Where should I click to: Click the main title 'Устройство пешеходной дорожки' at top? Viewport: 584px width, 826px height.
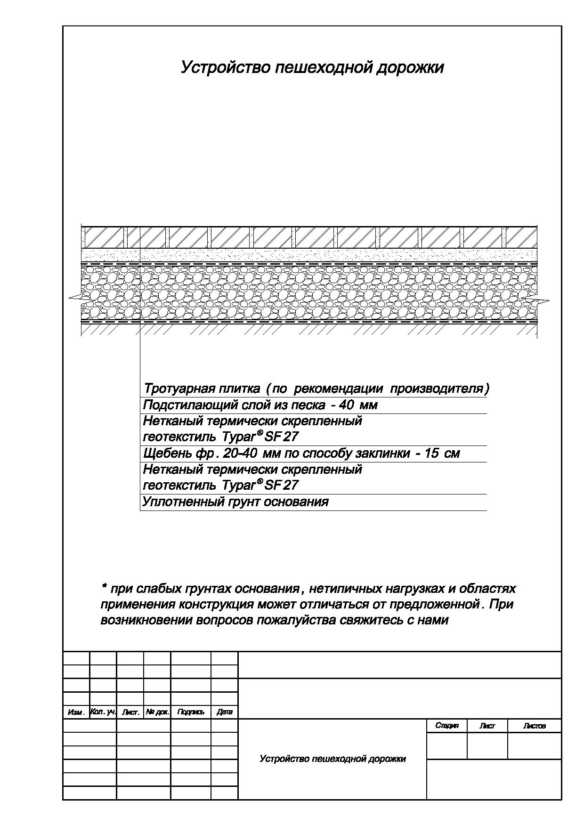tap(312, 67)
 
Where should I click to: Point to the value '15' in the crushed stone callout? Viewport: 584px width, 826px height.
tap(432, 453)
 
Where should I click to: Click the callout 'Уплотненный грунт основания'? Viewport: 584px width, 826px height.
tap(235, 502)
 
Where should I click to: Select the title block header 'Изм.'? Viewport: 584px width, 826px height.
tap(76, 713)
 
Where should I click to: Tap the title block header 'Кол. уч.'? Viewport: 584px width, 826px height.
tap(103, 712)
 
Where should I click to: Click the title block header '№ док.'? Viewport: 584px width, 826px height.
tap(157, 712)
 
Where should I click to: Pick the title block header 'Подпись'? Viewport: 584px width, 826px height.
tap(190, 713)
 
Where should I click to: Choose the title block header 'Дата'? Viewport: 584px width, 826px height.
tap(225, 713)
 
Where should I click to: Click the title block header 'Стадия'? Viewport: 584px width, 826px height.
tap(446, 726)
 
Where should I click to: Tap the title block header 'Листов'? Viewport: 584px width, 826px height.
tap(534, 726)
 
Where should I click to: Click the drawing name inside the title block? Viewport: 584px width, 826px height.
tap(333, 759)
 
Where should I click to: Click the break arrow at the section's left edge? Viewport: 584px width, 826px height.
tap(74, 297)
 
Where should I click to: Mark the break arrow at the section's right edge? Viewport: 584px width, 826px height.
tap(543, 300)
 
